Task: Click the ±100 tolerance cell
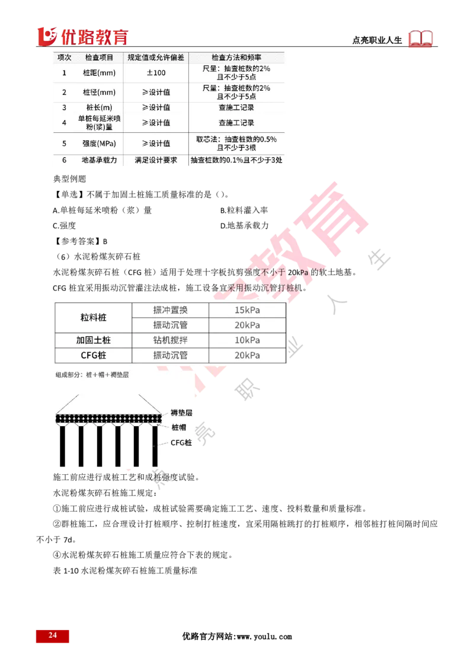(x=156, y=73)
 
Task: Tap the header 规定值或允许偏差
(x=156, y=57)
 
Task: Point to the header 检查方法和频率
(x=236, y=57)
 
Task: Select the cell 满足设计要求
(x=156, y=161)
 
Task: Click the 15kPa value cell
(x=247, y=311)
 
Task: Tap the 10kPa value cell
(x=247, y=340)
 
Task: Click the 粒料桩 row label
(x=93, y=318)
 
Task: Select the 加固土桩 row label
(x=93, y=340)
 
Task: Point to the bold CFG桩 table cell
(x=93, y=355)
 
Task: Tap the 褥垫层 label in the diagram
(x=181, y=413)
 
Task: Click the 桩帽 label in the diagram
(x=178, y=427)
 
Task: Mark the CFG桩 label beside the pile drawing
(x=181, y=443)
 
